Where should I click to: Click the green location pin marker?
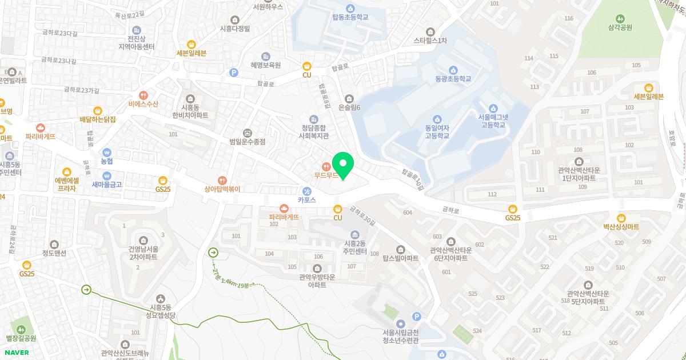(x=343, y=165)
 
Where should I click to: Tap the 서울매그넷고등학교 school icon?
(x=493, y=107)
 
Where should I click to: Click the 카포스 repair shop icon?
(x=307, y=191)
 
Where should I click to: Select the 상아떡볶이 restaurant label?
(x=222, y=189)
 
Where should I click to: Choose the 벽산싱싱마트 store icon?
(x=621, y=217)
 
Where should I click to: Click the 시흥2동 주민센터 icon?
(x=354, y=235)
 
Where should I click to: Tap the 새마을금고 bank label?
(x=107, y=185)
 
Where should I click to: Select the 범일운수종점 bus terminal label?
(x=247, y=141)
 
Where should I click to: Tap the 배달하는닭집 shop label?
(x=98, y=119)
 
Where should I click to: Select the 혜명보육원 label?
(x=265, y=65)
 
